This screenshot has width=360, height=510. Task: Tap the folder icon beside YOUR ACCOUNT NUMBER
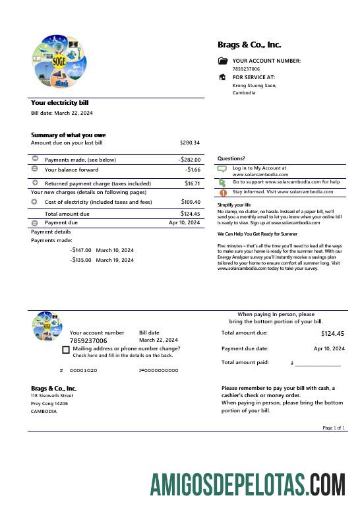tap(222, 61)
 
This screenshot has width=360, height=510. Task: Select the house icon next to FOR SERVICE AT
tap(222, 77)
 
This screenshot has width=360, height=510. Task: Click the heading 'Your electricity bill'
tap(59, 103)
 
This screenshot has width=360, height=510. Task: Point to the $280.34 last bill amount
tap(189, 143)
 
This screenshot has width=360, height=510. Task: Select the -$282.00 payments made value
tap(189, 160)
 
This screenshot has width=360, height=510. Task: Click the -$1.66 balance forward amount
tap(193, 170)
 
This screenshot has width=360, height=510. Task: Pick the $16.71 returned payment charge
tap(192, 183)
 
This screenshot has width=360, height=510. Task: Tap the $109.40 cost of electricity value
tap(190, 202)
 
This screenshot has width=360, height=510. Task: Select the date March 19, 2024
tap(115, 260)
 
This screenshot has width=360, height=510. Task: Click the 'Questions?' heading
tap(231, 158)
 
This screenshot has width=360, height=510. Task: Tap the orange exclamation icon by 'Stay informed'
tap(222, 193)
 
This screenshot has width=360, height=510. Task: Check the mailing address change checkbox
tap(66, 350)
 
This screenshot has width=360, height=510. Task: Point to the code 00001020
tap(83, 371)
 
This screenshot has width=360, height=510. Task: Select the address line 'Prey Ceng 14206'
tap(49, 403)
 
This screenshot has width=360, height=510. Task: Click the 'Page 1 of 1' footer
tap(333, 428)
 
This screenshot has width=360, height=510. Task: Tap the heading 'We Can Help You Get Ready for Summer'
tap(257, 234)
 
